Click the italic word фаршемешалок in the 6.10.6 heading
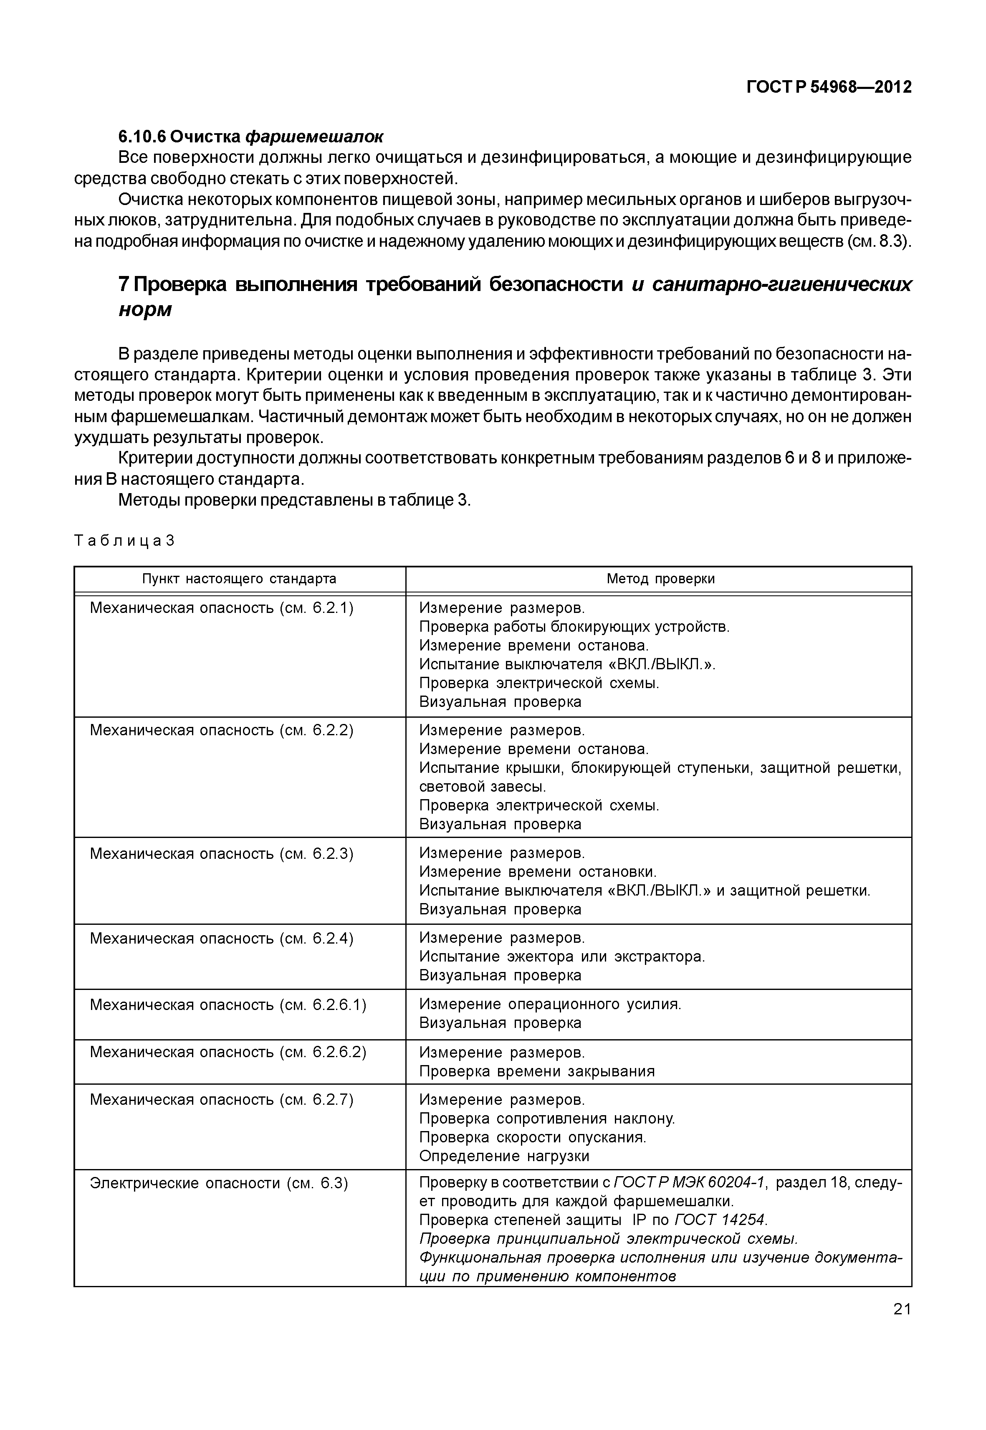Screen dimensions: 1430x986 pyautogui.click(x=314, y=135)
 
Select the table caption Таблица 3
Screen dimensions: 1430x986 pyautogui.click(x=124, y=541)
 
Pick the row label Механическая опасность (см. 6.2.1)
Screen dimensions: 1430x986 pyautogui.click(x=221, y=608)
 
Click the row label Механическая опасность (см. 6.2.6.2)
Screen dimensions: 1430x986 pyautogui.click(x=228, y=1053)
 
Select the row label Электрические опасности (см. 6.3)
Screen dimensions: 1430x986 pyautogui.click(x=219, y=1183)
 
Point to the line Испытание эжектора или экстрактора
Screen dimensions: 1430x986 pyautogui.click(x=561, y=957)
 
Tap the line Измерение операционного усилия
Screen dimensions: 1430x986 pyautogui.click(x=550, y=1004)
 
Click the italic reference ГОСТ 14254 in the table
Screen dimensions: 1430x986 pyautogui.click(x=720, y=1220)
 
